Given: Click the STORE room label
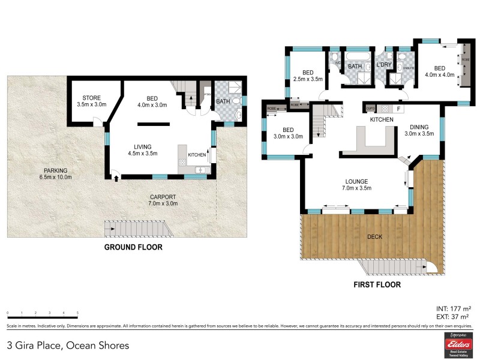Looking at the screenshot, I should [92, 97].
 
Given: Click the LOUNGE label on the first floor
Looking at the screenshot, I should [356, 181].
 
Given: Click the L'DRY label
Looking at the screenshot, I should [383, 65].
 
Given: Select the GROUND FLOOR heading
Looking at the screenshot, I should [133, 247].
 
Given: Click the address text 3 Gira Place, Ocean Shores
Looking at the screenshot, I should [68, 345].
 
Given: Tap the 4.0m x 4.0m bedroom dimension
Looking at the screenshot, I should [440, 75].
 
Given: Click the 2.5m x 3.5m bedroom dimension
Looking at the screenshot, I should [308, 79].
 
